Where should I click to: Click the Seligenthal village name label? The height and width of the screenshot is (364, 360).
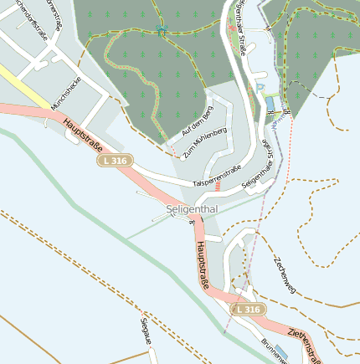[193, 208]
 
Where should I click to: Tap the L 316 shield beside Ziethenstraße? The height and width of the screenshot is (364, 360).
[249, 310]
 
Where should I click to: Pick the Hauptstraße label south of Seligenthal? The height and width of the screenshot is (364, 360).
[202, 267]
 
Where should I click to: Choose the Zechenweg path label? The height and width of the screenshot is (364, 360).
[284, 274]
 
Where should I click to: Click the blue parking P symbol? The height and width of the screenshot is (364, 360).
[260, 86]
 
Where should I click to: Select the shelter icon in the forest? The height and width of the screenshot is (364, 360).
[160, 32]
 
